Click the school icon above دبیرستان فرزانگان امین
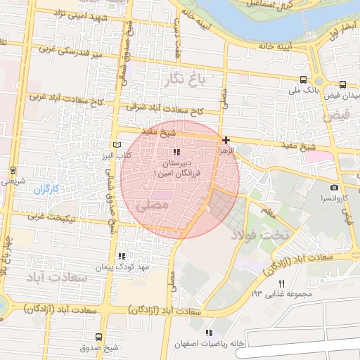[176, 152]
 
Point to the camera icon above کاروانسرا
[334, 187]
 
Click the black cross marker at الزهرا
[226, 141]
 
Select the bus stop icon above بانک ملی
[303, 79]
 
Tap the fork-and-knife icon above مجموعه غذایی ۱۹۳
[281, 283]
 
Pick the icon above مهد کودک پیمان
[122, 257]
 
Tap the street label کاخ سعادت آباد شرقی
[165, 110]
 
